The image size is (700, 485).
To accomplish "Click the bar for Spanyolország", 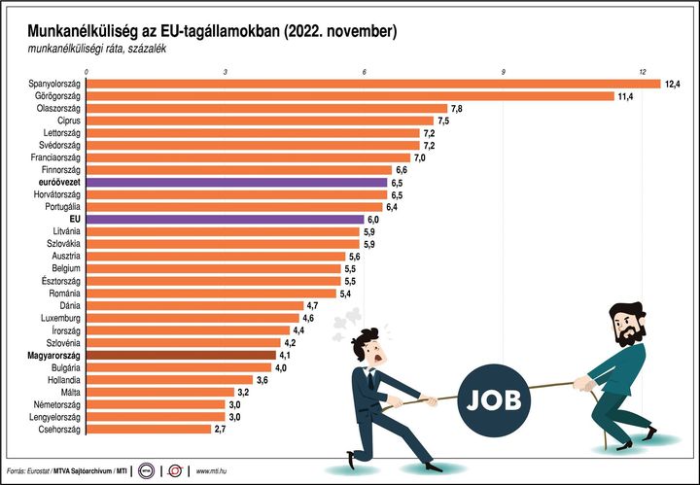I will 374,84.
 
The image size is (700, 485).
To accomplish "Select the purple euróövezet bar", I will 237,182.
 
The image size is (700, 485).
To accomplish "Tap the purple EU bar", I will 226,220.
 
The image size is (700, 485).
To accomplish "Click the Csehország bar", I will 150,429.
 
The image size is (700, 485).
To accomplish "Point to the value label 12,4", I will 673,85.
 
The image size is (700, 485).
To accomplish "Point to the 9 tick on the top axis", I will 504,72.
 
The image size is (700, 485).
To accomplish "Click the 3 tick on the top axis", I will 226,72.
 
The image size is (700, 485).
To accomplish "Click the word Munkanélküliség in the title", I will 73,32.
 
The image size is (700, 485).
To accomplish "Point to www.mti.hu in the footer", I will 217,471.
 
